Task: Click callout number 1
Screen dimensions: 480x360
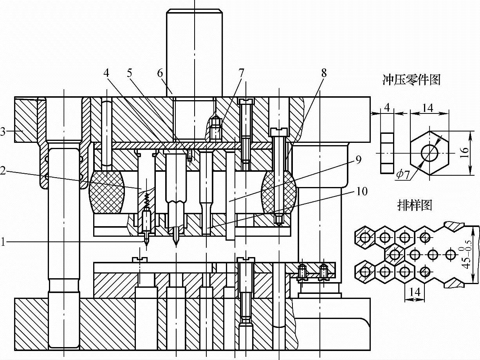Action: [3, 242]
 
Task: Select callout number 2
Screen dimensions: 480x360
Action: [3, 171]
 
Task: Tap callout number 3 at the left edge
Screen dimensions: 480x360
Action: [3, 132]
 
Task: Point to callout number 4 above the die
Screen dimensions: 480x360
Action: [106, 73]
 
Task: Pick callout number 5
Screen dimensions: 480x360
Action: [130, 73]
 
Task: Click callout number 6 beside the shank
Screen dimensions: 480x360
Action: [160, 73]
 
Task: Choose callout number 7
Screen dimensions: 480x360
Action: [241, 73]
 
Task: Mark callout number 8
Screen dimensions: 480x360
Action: [324, 73]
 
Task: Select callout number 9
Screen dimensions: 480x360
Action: [358, 160]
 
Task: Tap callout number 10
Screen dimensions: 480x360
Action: [362, 191]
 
